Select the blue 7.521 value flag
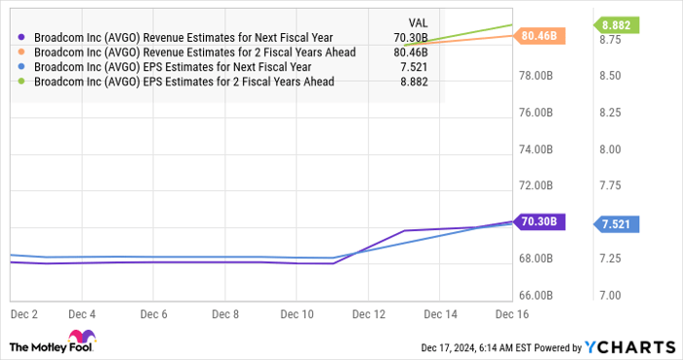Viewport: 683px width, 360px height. tap(617, 224)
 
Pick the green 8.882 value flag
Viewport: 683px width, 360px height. tap(617, 24)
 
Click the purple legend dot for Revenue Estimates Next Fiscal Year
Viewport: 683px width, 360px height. tap(22, 37)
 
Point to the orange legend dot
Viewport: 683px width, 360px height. tap(22, 52)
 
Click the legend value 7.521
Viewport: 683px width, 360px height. tap(414, 66)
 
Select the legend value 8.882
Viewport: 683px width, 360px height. tap(414, 82)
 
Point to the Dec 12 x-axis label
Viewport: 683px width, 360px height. tap(367, 314)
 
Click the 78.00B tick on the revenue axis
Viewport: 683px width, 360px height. tap(538, 76)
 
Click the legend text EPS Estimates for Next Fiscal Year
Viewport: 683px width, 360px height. tap(172, 66)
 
